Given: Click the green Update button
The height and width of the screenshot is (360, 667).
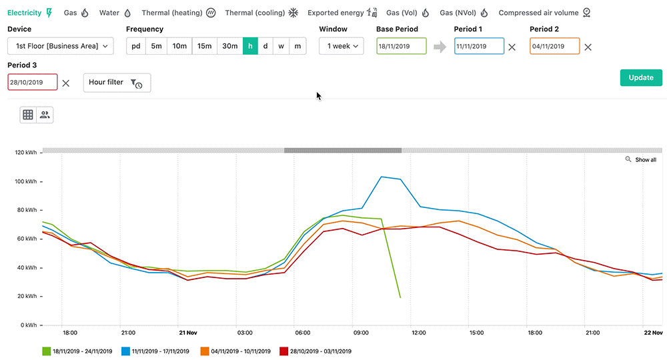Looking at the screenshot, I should pos(640,77).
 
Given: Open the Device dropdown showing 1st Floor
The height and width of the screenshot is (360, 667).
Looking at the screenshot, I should pos(61,46).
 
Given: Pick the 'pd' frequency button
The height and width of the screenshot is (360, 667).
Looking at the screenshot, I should pos(136,46).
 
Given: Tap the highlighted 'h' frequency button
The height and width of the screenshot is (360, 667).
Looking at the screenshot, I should pos(250,46).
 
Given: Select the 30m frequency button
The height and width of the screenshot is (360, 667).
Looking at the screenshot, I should pos(229,46).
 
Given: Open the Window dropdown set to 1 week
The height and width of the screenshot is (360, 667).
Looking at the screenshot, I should pos(341,46).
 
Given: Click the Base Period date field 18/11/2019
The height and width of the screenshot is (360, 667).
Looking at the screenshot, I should pos(401,47).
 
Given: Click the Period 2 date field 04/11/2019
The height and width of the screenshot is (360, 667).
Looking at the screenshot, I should pos(554,47).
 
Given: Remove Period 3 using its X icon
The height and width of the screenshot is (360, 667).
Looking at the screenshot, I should pos(65,83).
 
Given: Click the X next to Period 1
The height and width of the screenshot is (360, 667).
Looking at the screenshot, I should pos(512,47).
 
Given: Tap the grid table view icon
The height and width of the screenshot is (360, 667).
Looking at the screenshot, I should pos(28,115).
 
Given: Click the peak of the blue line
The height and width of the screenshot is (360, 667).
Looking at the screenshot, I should pos(381,177).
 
